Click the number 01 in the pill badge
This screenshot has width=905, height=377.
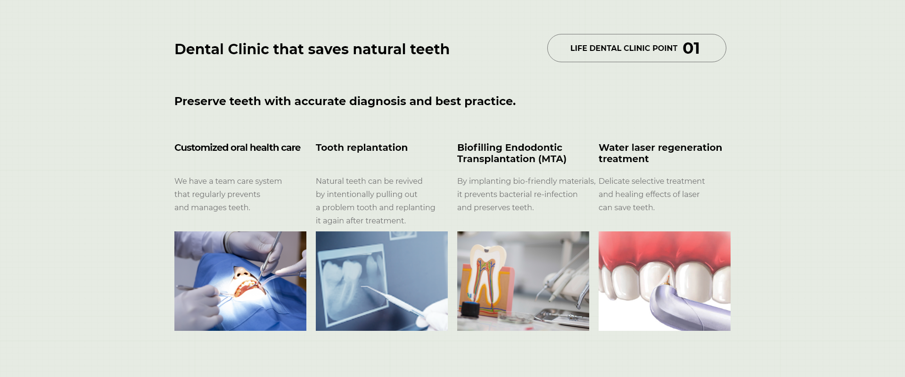tap(691, 48)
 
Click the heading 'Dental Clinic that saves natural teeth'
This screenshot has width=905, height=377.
tap(312, 49)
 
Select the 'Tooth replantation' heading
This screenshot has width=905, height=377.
tap(362, 148)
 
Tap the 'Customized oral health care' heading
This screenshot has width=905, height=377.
tap(238, 148)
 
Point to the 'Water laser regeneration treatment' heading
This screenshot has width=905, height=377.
tap(660, 153)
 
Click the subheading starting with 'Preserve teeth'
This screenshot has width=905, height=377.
tap(345, 101)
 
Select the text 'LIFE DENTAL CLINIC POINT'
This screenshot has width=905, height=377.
tap(624, 48)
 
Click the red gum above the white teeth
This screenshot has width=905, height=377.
tap(665, 247)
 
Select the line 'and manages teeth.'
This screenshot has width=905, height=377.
tap(212, 207)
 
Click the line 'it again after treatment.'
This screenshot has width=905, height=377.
tap(361, 221)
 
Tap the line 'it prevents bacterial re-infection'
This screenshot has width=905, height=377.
tap(517, 194)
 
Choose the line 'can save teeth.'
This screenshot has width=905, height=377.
tap(626, 207)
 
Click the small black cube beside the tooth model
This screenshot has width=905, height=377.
tap(470, 309)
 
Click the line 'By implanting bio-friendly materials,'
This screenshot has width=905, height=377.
tap(527, 181)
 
